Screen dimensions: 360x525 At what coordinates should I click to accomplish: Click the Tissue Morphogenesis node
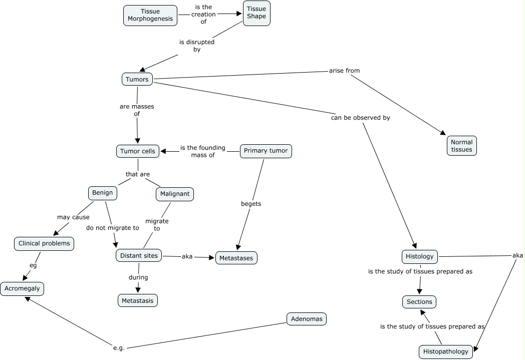[x=150, y=16]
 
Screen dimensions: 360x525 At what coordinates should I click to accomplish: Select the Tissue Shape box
[x=256, y=13]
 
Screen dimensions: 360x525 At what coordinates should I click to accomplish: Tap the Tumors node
[x=137, y=79]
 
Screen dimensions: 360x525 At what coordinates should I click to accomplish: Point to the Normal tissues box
[x=461, y=146]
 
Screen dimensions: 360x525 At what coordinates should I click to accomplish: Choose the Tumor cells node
[x=138, y=151]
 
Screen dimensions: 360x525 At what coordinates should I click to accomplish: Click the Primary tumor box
[x=266, y=151]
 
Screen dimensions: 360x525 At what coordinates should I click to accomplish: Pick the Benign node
[x=103, y=193]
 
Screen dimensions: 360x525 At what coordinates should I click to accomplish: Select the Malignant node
[x=174, y=194]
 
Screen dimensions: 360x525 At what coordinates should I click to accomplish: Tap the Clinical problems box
[x=45, y=244]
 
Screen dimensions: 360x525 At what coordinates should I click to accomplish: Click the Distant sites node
[x=139, y=256]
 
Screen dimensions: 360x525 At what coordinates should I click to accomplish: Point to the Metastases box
[x=236, y=258]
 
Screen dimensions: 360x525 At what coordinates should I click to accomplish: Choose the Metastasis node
[x=138, y=300]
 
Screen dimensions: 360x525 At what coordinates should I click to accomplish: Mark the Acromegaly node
[x=22, y=289]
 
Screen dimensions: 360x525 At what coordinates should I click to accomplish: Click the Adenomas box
[x=307, y=319]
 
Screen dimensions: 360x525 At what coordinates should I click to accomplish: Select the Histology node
[x=420, y=257]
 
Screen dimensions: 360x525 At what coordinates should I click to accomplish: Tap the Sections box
[x=419, y=302]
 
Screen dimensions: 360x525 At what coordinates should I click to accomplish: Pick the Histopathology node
[x=446, y=351]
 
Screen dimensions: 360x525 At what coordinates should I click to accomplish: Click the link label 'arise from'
[x=344, y=71]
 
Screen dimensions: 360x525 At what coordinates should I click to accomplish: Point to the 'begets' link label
[x=251, y=204]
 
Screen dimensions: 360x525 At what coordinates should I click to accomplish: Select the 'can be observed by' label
[x=360, y=118]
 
